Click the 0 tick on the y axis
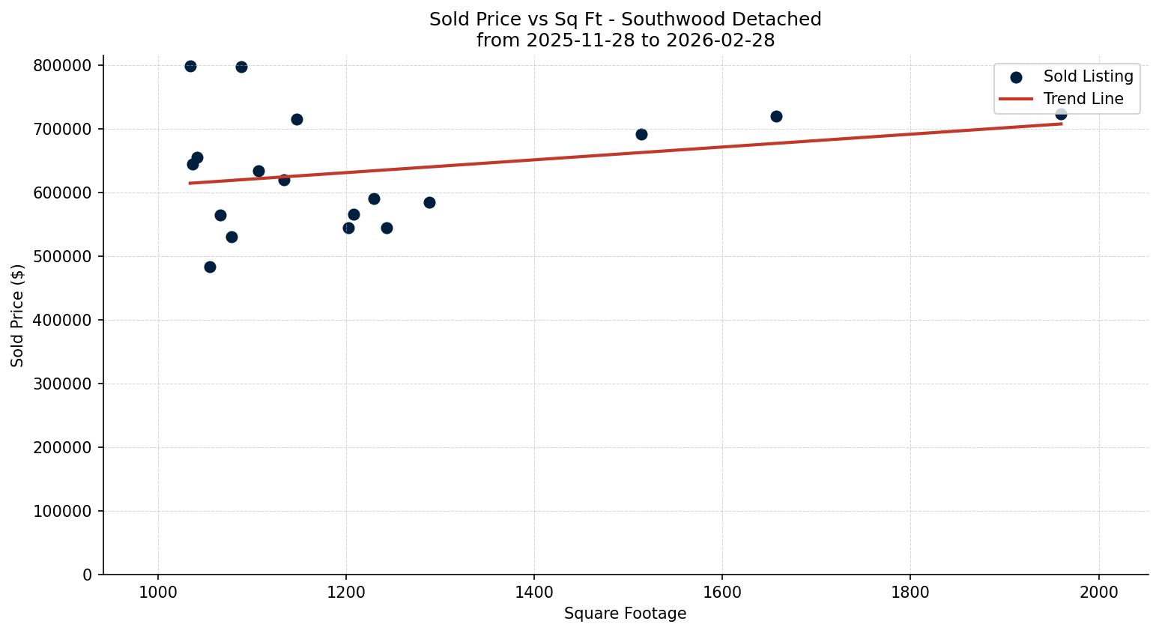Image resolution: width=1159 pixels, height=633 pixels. tap(88, 575)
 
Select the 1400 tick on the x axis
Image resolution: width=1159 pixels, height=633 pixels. tap(533, 592)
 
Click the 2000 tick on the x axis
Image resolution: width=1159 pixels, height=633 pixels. tap(1098, 592)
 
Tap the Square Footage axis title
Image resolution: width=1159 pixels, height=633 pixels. tap(625, 614)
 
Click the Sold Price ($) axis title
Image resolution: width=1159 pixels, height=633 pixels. tap(18, 315)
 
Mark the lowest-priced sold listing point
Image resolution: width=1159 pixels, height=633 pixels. tap(210, 267)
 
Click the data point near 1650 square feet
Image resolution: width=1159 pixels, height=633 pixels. tap(776, 116)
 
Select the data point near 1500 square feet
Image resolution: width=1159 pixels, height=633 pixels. tap(641, 134)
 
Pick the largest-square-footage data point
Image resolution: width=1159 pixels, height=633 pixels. tap(1061, 114)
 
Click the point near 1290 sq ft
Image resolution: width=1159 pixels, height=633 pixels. tap(429, 202)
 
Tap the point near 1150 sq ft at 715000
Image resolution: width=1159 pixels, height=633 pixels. tap(297, 119)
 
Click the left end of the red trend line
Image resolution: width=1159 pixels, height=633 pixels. tap(190, 183)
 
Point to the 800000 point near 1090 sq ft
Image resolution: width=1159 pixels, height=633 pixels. tap(241, 67)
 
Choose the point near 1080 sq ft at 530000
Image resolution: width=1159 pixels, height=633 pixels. tap(232, 237)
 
